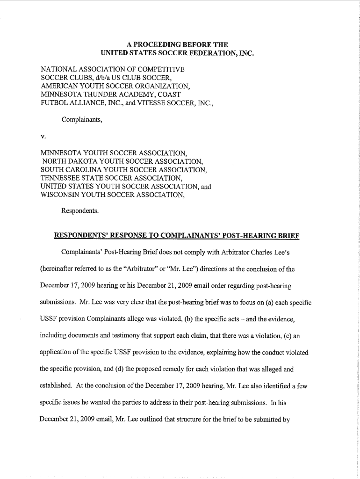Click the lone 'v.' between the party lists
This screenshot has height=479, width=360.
tap(43, 136)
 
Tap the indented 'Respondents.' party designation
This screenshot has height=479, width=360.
tap(80, 210)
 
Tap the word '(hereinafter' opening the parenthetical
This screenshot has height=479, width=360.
tap(60, 269)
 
